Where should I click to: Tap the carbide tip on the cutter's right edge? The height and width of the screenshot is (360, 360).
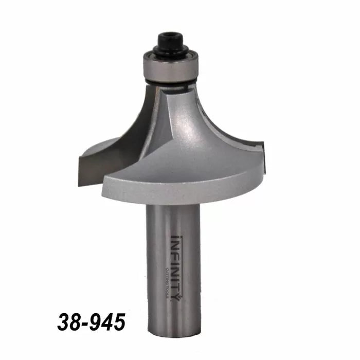(263, 154)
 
